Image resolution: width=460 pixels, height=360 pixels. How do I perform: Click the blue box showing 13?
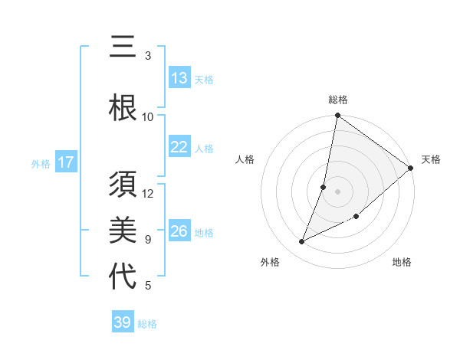click(x=179, y=78)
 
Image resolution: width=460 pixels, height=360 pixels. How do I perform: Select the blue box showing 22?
click(x=179, y=147)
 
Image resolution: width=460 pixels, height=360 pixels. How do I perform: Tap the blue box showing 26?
click(x=179, y=231)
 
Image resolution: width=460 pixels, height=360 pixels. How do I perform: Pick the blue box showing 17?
click(x=65, y=162)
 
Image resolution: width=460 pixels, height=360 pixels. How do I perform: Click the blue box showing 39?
click(x=123, y=322)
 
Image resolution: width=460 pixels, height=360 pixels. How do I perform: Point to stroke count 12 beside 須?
click(x=148, y=193)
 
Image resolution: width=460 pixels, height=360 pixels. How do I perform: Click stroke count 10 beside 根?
click(x=148, y=116)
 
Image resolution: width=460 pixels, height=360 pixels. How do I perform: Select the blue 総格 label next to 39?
click(x=147, y=324)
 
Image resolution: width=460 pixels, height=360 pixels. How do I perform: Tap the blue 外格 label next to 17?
click(x=41, y=163)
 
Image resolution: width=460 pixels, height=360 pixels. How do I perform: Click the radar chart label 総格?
click(x=338, y=100)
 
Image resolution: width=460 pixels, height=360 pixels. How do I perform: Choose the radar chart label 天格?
click(x=431, y=159)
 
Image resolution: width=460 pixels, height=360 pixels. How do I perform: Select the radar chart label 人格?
click(x=245, y=159)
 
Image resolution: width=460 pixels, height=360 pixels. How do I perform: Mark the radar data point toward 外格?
click(x=302, y=242)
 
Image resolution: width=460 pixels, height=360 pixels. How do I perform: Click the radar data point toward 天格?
click(x=411, y=169)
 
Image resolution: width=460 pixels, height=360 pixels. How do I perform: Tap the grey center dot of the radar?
click(x=338, y=191)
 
